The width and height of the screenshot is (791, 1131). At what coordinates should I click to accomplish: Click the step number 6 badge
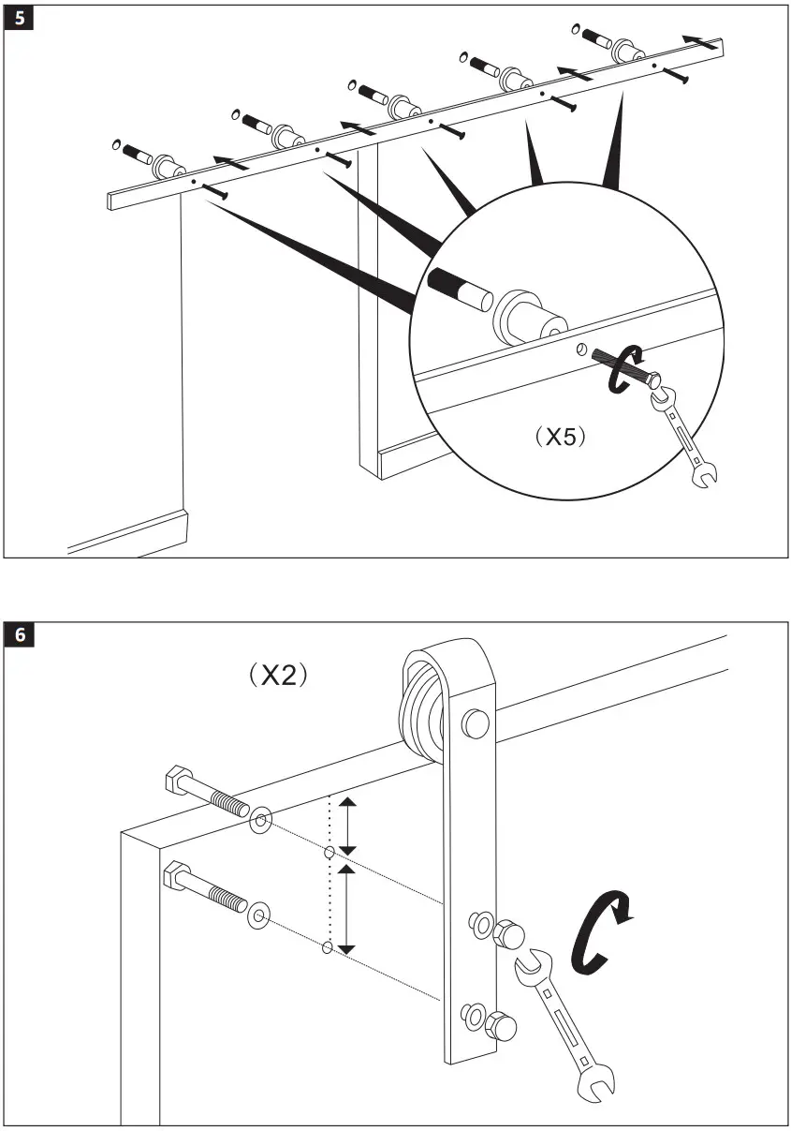pos(20,635)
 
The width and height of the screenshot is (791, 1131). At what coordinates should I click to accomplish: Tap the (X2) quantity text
pos(278,675)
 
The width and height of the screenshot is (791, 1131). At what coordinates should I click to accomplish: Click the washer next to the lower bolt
pos(257,915)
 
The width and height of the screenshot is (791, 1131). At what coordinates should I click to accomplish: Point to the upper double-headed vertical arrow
pos(347,825)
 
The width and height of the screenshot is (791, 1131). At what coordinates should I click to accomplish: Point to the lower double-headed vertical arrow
pos(347,907)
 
